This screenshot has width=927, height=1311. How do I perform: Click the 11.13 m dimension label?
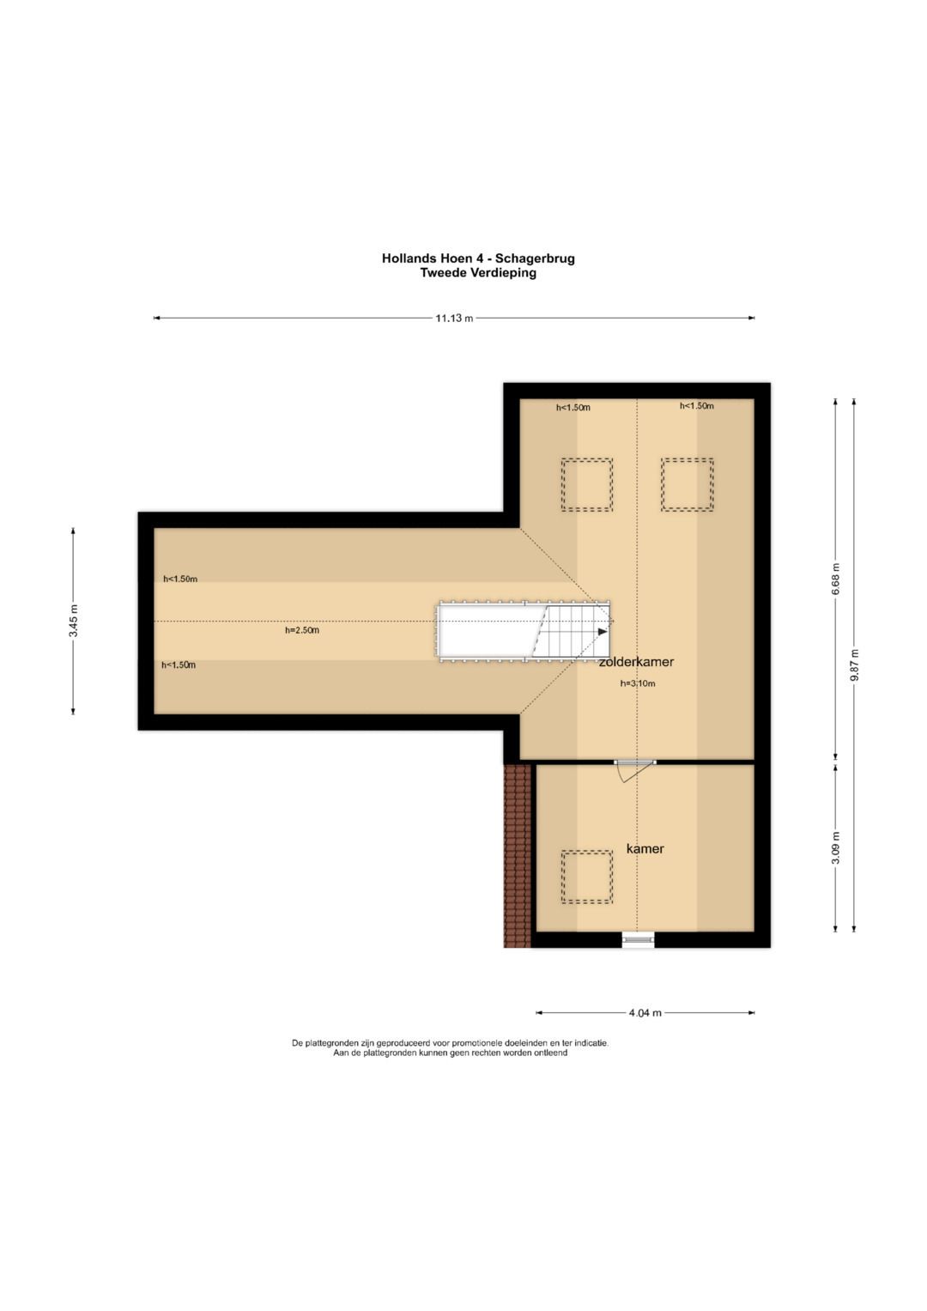454,318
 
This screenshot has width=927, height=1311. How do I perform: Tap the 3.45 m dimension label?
74,621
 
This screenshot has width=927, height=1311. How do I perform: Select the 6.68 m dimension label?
836,579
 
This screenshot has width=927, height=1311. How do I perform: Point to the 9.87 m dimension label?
854,665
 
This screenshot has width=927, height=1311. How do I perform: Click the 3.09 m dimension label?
836,847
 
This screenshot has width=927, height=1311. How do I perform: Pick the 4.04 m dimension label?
645,1012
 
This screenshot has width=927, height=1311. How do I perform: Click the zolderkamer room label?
636,662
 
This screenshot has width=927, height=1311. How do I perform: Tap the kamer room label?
645,848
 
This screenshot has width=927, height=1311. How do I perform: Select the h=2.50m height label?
302,630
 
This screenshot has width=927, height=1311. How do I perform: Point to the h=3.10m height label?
638,683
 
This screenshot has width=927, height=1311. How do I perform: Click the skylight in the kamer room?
587,877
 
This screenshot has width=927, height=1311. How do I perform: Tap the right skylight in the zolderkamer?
687,484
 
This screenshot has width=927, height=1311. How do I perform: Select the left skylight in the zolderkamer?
587,484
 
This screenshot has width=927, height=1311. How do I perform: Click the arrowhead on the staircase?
603,632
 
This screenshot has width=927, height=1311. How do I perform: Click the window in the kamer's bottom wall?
638,940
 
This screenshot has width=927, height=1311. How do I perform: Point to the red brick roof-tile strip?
518,855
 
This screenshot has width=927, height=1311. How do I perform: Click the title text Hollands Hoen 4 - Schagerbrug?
478,258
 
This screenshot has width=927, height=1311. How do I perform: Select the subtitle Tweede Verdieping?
478,273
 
